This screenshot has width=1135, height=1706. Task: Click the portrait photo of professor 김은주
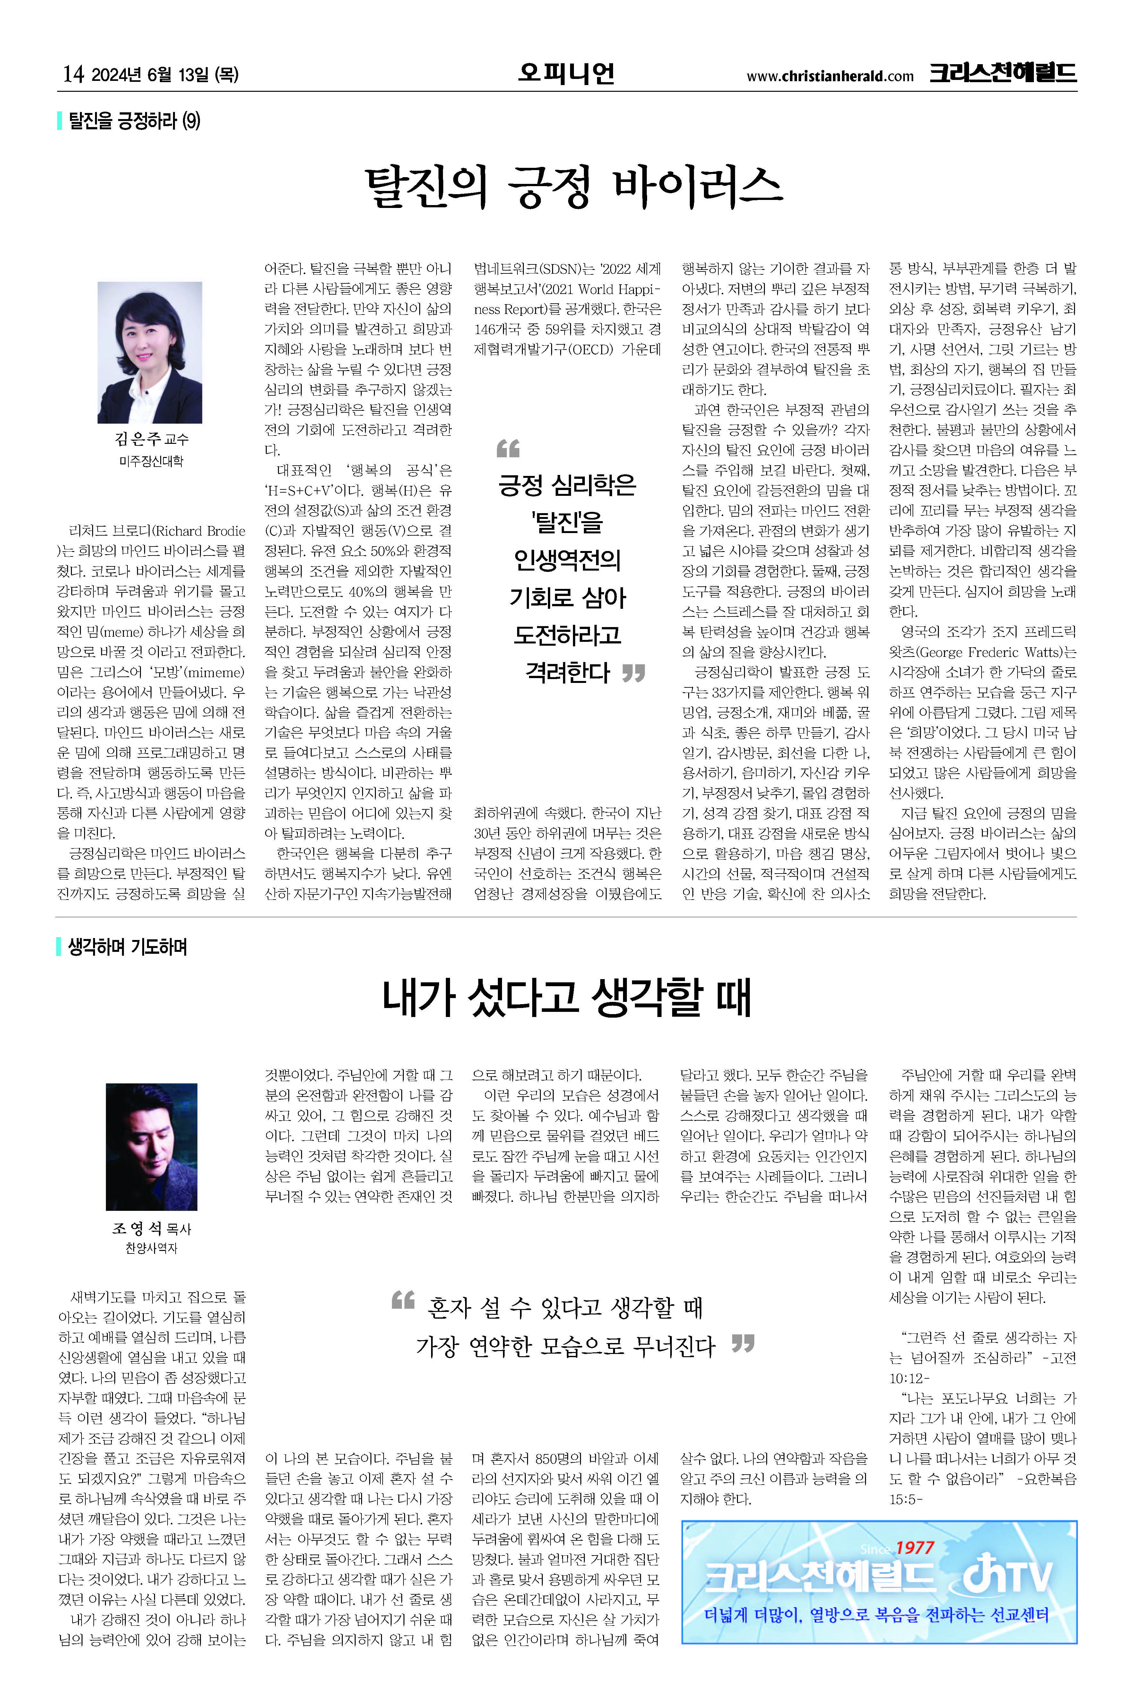click(x=150, y=352)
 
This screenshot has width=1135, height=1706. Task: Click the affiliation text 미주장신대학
click(x=151, y=461)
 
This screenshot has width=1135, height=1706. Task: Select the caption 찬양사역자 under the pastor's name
click(x=151, y=1248)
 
